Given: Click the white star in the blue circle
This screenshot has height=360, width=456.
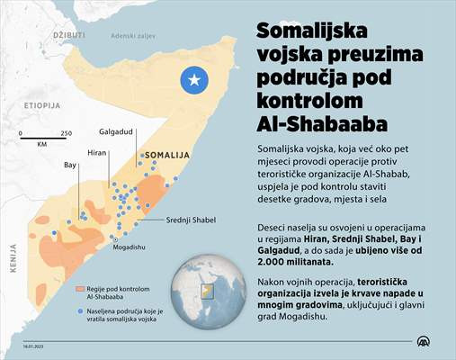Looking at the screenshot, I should point(192,80).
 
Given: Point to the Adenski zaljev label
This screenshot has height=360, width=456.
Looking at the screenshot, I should point(131,35).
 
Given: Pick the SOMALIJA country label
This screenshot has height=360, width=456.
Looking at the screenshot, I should point(169,155).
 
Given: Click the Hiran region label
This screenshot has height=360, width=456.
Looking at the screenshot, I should point(97,154).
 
